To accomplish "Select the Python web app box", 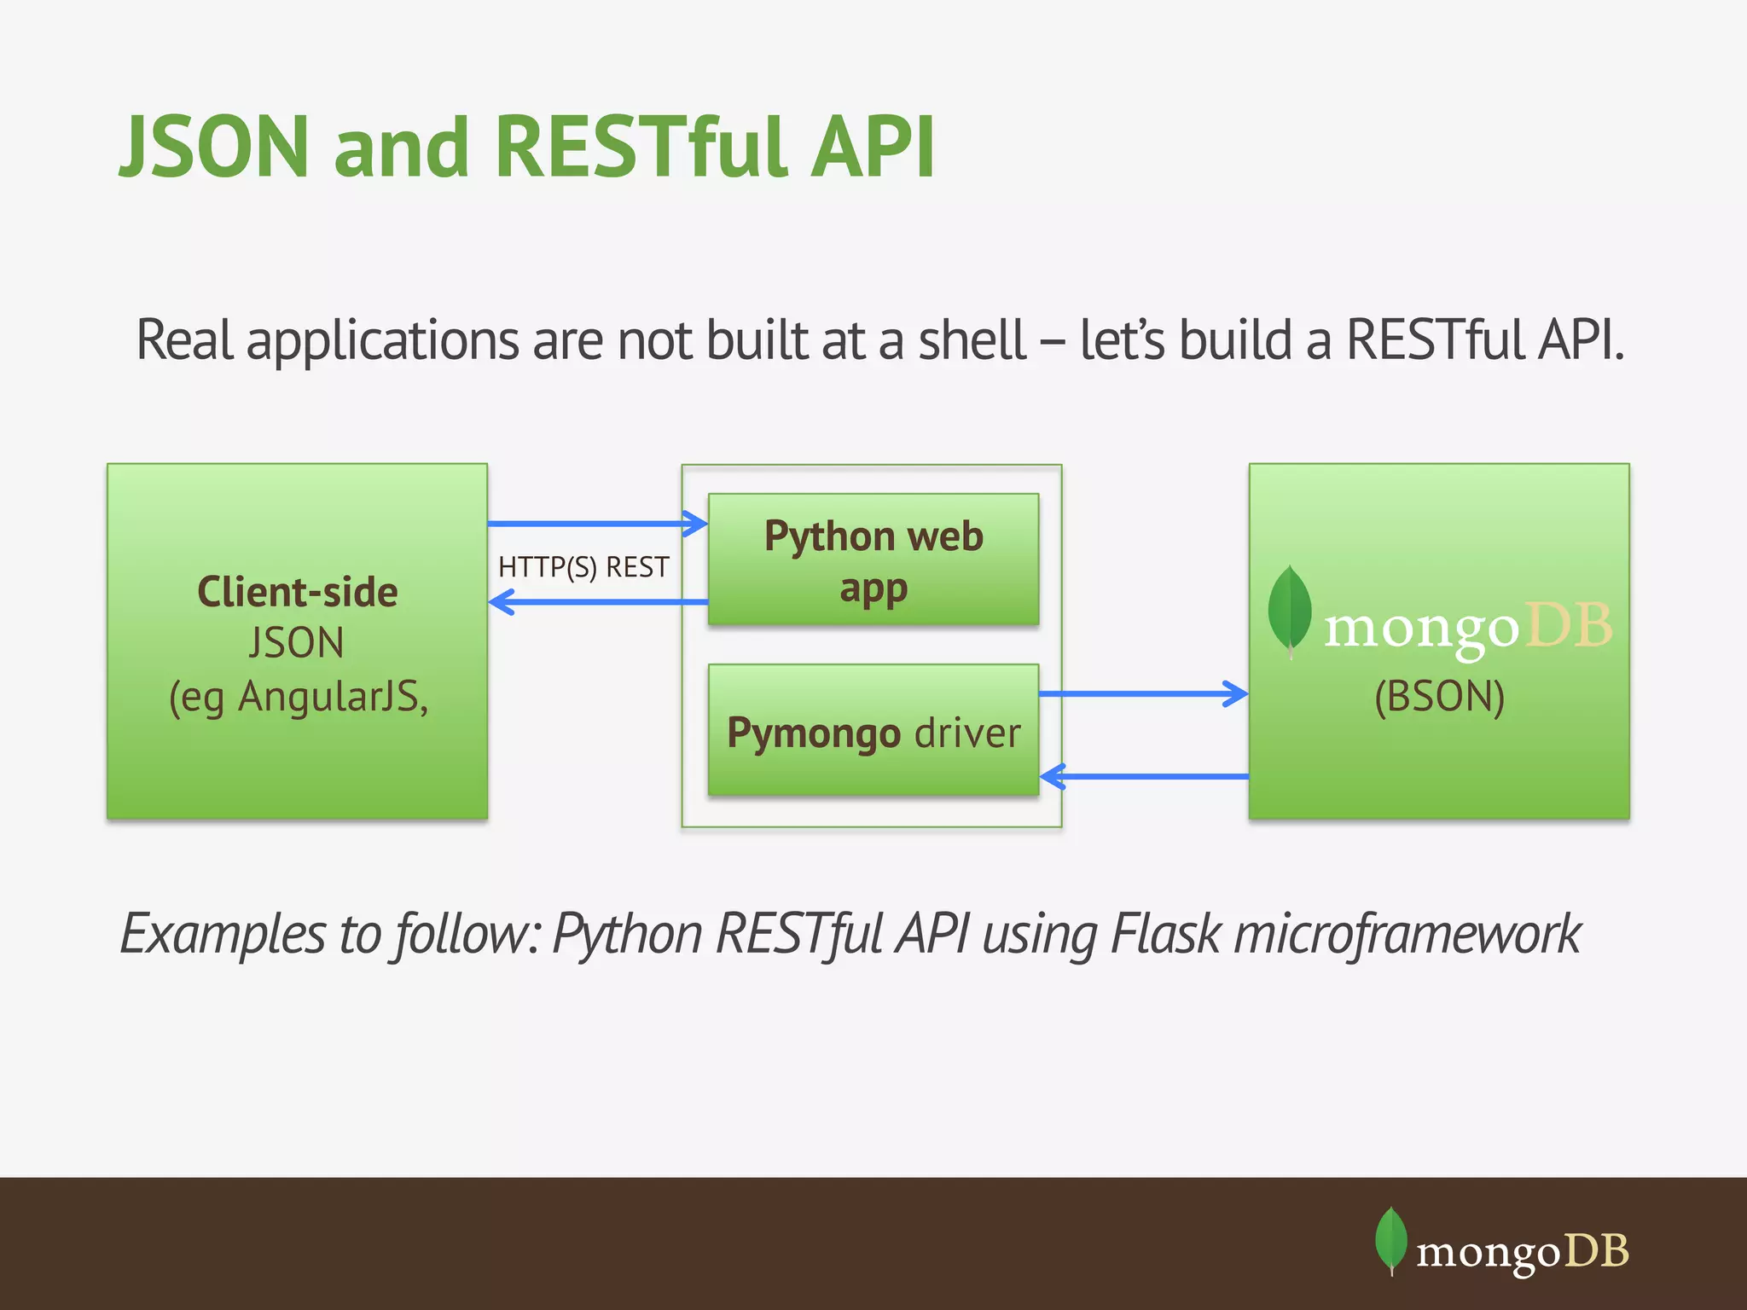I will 873,559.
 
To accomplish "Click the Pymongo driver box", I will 873,732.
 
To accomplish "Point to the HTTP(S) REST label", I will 583,567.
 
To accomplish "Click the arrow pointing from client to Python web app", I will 597,523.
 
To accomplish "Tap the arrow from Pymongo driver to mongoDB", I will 1143,693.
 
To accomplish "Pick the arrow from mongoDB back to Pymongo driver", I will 1143,776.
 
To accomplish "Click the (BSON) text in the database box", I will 1439,697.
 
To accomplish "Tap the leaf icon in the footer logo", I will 1390,1239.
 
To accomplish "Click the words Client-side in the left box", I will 297,592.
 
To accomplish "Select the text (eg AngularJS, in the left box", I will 299,697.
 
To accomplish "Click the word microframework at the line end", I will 1407,934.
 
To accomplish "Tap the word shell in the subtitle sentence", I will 972,340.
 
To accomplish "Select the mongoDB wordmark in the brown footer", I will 1522,1252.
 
